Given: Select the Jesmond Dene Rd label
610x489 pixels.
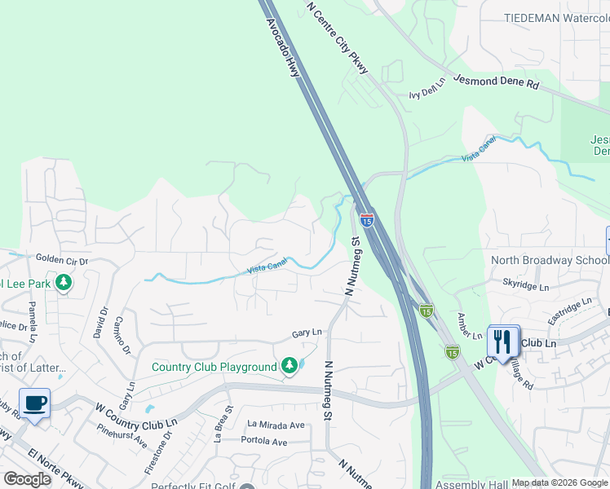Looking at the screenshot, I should [x=496, y=83].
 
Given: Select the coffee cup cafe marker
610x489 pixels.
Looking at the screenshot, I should [x=35, y=404].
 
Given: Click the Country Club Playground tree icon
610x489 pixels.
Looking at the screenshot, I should [x=289, y=367].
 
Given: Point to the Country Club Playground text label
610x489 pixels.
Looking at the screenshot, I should [x=214, y=367].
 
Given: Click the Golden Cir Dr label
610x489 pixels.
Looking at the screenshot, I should [x=61, y=258].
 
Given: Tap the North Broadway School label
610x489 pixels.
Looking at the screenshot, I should [x=549, y=260].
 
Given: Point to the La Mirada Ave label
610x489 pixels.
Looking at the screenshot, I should [x=276, y=425].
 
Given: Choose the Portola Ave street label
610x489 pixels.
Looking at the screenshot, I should [x=264, y=442].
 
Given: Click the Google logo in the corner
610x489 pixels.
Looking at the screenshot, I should [x=27, y=479].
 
